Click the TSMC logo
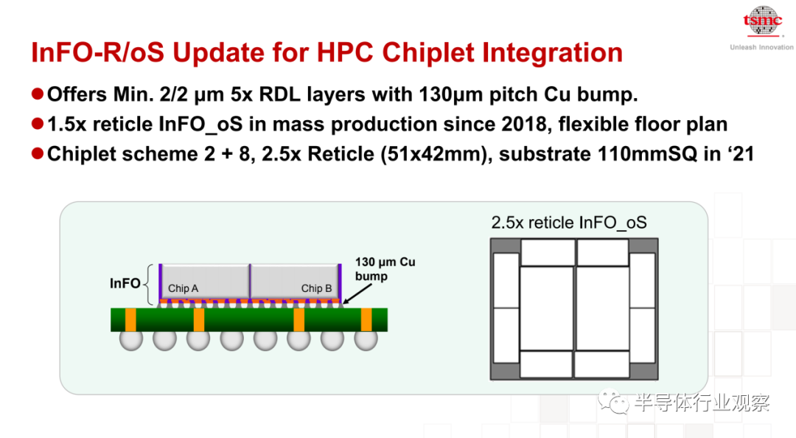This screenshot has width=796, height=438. click(763, 21)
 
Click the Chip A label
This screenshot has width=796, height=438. click(184, 288)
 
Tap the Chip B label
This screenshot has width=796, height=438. click(316, 288)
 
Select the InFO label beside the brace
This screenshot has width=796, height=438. click(125, 283)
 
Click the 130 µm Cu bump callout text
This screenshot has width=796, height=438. click(385, 269)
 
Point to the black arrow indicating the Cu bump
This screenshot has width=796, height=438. click(357, 293)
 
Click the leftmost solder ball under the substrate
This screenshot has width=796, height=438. click(131, 339)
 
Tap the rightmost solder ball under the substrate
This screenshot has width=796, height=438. click(366, 339)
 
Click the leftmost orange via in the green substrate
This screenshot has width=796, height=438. click(130, 319)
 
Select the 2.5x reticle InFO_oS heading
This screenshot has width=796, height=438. click(569, 223)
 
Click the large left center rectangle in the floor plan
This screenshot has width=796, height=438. click(547, 308)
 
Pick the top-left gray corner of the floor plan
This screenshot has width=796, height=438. click(505, 246)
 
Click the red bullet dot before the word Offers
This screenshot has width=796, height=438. click(37, 94)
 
